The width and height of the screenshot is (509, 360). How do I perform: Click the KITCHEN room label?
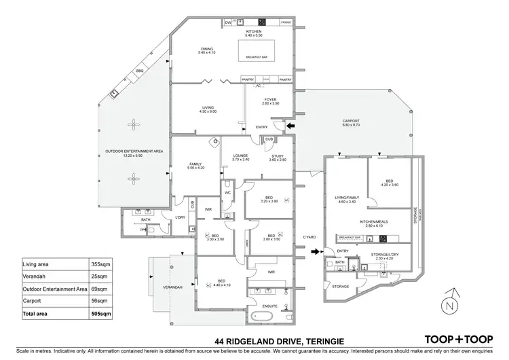point(254,31)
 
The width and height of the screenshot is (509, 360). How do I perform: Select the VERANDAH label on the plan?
point(172,288)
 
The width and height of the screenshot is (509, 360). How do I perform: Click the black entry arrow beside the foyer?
point(290,126)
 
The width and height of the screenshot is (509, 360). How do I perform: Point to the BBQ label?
point(140,70)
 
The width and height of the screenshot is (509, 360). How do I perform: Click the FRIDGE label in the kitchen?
point(286,22)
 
